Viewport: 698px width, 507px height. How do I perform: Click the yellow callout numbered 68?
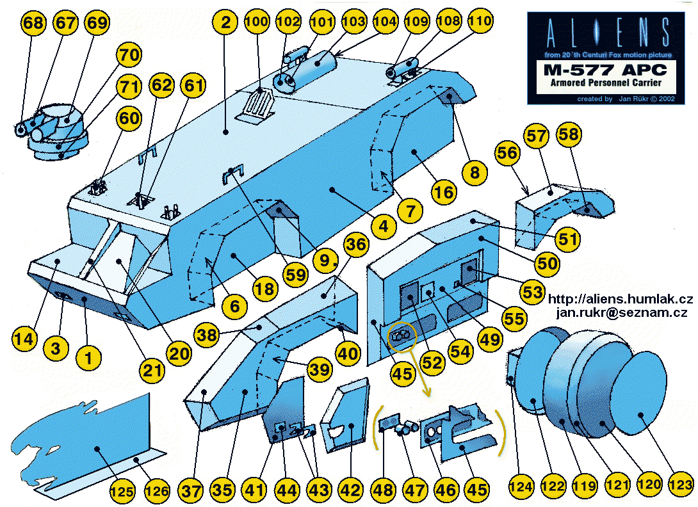(34, 24)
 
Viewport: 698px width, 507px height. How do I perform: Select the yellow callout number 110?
(480, 21)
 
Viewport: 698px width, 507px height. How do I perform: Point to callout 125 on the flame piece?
(122, 491)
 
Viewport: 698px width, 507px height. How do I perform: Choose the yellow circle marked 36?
(356, 244)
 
